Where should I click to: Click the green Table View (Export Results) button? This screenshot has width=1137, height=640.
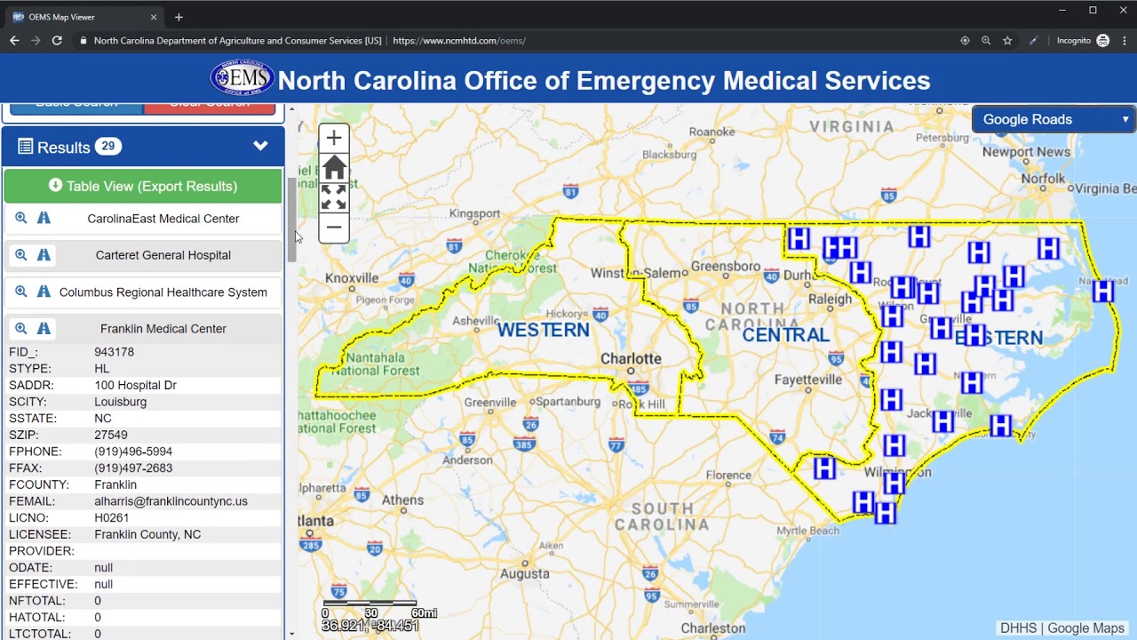143,186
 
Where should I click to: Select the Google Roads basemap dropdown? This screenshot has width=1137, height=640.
1054,119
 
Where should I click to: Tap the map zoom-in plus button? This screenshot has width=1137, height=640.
334,138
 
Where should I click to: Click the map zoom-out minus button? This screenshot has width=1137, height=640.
334,228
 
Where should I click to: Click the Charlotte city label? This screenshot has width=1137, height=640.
631,359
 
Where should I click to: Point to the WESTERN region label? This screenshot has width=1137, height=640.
543,330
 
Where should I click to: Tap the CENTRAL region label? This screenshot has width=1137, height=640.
785,335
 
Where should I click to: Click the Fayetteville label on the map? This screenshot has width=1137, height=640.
807,379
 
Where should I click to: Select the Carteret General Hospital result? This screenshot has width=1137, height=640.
163,255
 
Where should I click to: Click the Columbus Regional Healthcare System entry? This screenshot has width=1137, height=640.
163,292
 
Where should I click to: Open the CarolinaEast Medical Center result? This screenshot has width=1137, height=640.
163,219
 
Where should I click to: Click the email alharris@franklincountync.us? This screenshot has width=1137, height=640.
171,501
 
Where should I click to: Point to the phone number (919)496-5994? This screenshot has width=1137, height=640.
133,452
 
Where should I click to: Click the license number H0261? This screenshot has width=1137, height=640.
112,518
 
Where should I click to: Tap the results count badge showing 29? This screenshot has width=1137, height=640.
108,147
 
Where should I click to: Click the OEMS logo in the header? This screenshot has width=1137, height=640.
242,79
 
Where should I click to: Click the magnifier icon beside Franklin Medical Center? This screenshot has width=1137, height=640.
21,329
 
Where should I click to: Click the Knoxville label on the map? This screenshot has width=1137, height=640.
352,278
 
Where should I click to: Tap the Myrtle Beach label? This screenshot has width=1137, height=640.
807,531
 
